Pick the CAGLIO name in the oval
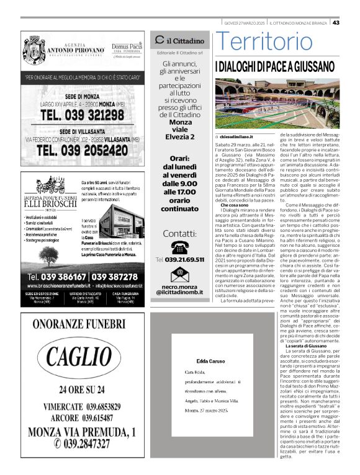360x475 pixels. [x=81, y=358]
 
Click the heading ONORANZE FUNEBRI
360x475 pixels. [x=81, y=325]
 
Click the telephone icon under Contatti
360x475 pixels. [x=179, y=247]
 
